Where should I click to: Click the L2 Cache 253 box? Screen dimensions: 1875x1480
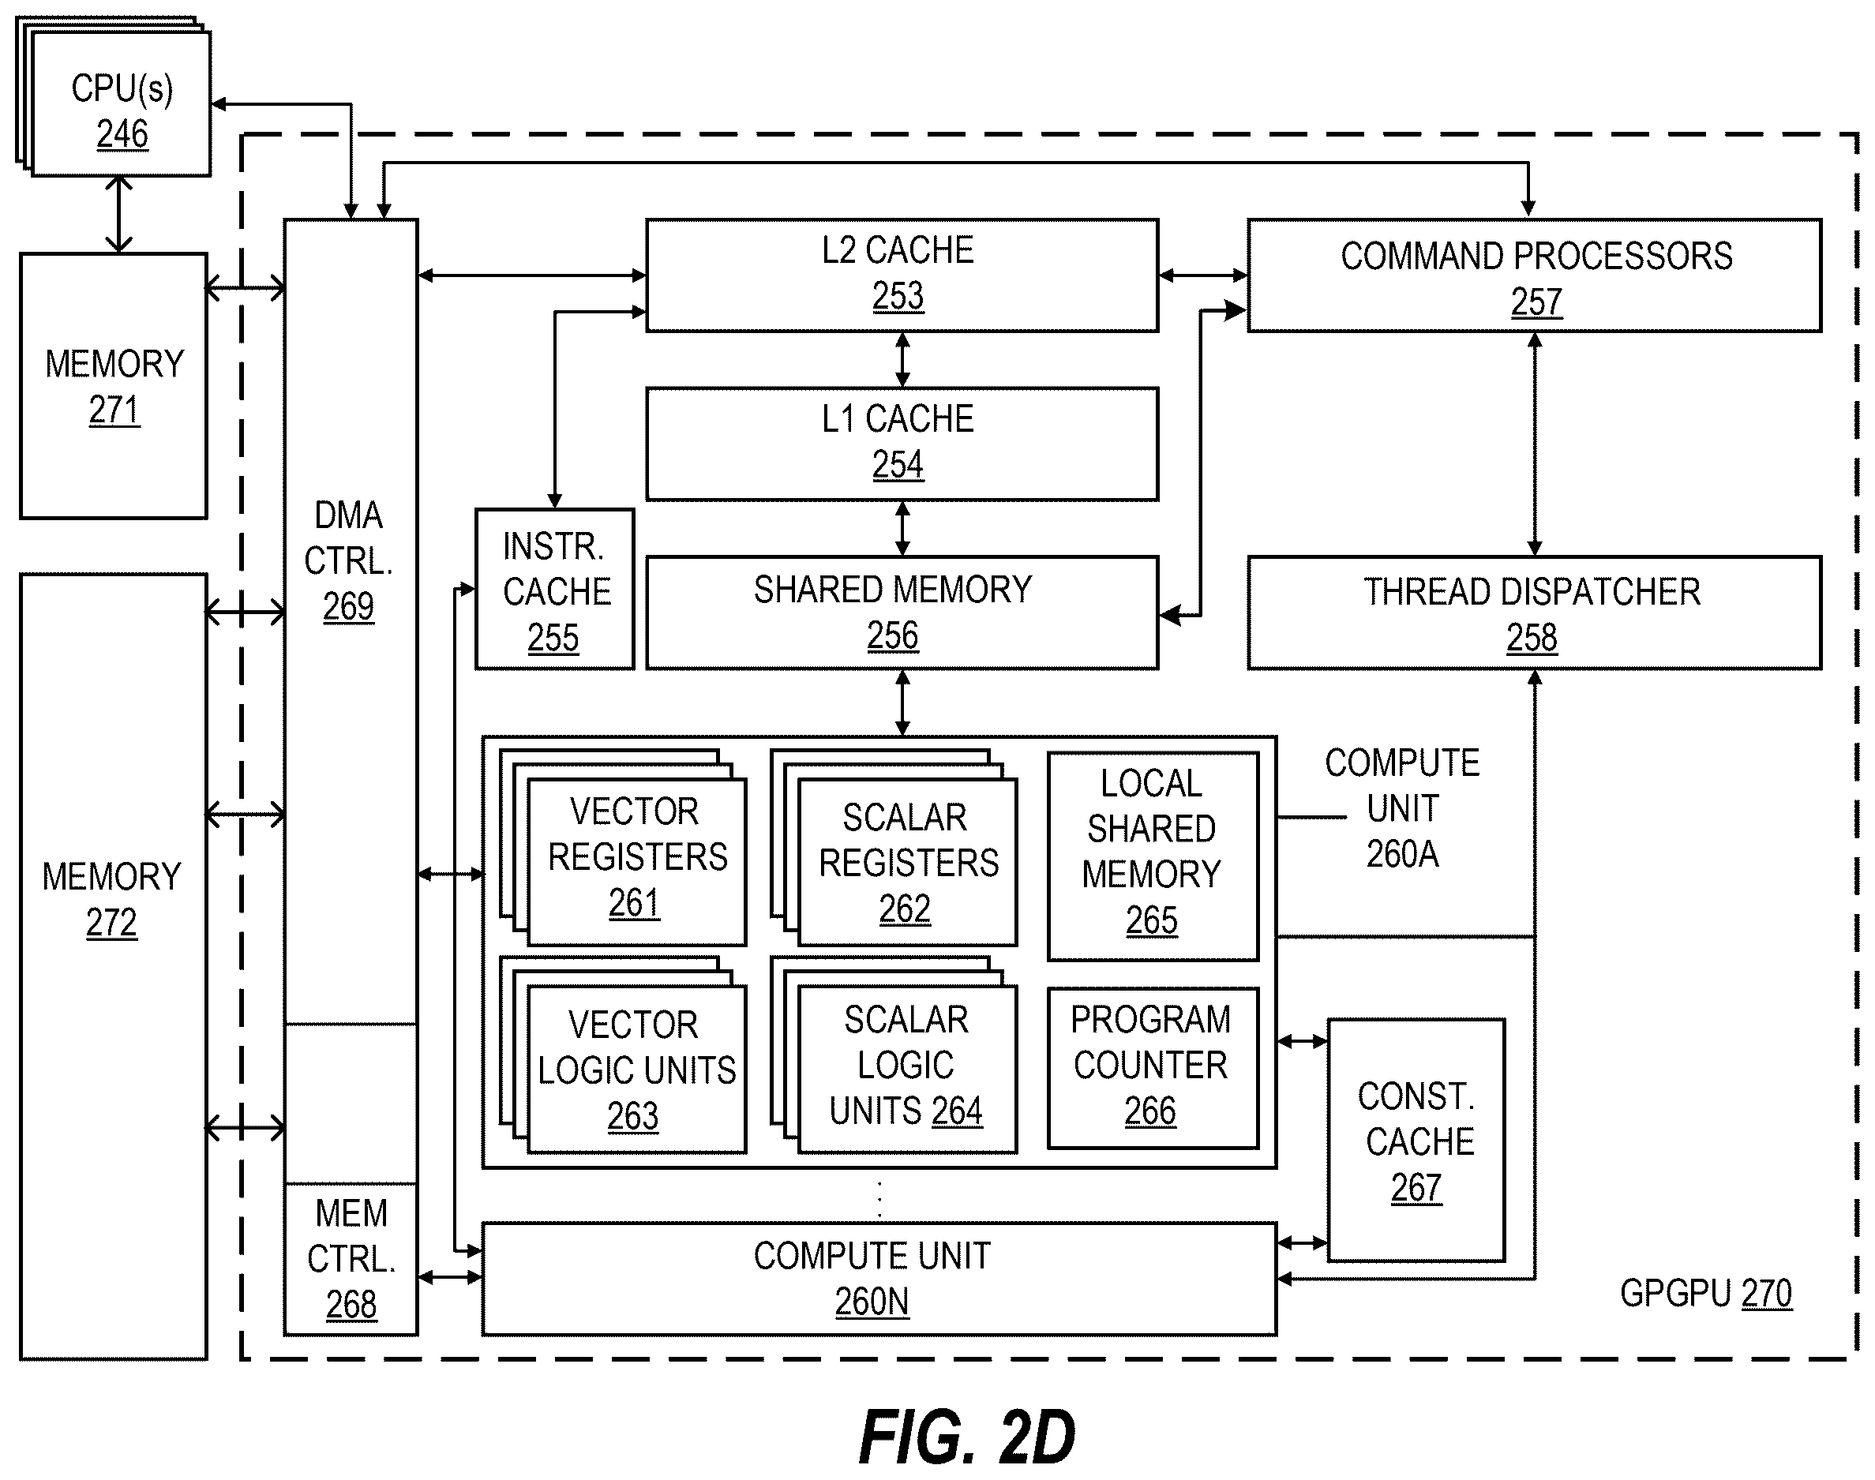[902, 275]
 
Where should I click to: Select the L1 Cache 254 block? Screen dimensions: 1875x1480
[902, 444]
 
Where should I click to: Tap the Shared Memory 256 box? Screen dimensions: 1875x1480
[902, 613]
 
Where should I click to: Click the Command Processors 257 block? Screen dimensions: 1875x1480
[1535, 275]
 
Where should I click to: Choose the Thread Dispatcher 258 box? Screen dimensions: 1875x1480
[1535, 613]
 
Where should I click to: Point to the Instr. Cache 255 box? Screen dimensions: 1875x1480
[554, 589]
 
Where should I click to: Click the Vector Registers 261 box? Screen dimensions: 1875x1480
[637, 862]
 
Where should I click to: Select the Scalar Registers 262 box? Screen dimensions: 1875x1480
[907, 862]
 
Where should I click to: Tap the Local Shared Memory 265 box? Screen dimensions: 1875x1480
[1153, 856]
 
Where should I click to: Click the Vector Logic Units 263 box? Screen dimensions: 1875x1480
[637, 1070]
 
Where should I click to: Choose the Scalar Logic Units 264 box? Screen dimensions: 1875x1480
[907, 1070]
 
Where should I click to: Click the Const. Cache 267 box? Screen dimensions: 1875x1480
[1416, 1141]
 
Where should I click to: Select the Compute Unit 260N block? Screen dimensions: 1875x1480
[879, 1279]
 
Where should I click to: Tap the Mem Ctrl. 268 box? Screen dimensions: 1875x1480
[351, 1259]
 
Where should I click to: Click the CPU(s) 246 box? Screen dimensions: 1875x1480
[122, 104]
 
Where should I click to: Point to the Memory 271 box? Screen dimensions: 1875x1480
[114, 387]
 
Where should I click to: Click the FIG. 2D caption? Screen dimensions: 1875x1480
[967, 1437]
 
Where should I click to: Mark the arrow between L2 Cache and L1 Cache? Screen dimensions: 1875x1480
[902, 360]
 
